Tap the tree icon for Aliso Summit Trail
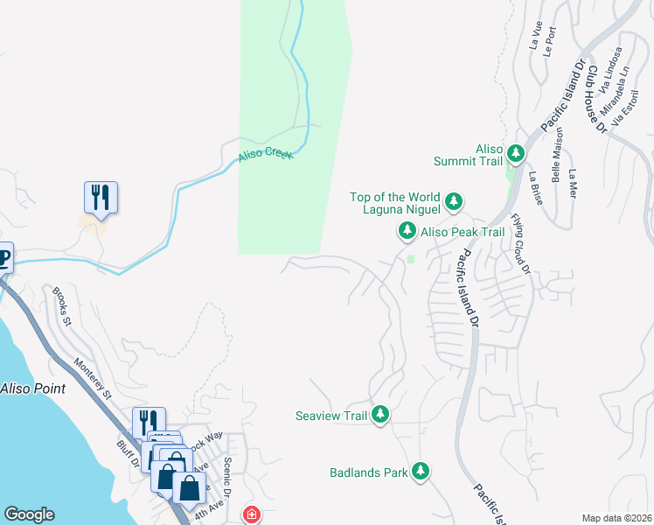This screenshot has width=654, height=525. point(516,155)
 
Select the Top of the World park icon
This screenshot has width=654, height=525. point(454,203)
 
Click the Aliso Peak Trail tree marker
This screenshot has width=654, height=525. point(407,232)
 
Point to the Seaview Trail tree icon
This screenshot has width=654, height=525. point(379,415)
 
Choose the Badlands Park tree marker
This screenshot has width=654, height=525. point(421,472)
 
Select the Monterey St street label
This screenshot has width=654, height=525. point(93,378)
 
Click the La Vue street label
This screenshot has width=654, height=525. point(535,36)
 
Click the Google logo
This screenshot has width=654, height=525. point(29,514)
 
